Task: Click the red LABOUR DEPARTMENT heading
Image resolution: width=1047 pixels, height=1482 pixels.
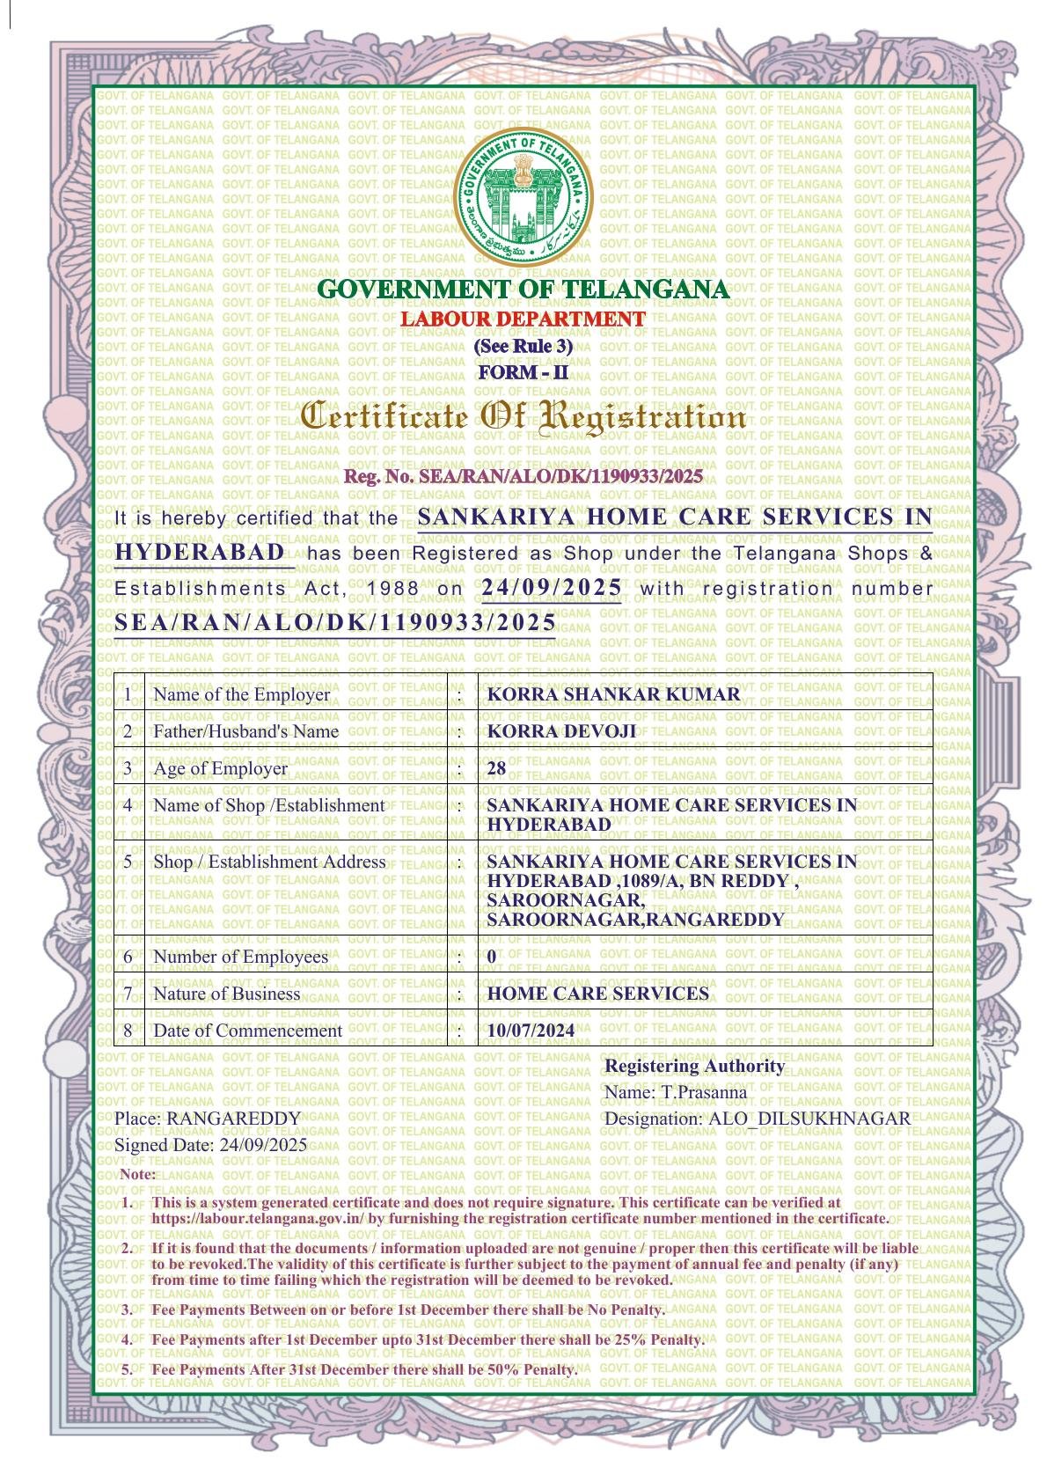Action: [523, 319]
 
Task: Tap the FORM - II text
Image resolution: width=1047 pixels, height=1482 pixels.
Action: [523, 373]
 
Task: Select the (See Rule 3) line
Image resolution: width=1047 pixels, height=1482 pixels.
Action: [523, 346]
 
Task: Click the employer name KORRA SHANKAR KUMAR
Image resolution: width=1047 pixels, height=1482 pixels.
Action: [613, 694]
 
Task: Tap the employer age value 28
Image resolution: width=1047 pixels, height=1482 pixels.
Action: [496, 768]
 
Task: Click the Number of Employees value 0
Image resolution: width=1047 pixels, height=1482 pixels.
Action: [491, 957]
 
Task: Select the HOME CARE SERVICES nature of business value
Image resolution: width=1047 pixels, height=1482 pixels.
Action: [597, 994]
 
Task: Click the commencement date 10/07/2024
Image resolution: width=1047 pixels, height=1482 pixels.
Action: [531, 1031]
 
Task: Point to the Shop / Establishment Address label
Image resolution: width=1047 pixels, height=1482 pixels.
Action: [269, 862]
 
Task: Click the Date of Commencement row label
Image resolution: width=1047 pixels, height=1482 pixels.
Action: [247, 1031]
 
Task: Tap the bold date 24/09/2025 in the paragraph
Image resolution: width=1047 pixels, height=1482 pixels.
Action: [552, 588]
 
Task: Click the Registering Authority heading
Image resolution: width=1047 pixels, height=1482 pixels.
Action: [694, 1066]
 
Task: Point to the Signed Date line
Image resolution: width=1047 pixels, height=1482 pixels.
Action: [210, 1145]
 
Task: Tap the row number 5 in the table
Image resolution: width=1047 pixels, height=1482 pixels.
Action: [128, 862]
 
